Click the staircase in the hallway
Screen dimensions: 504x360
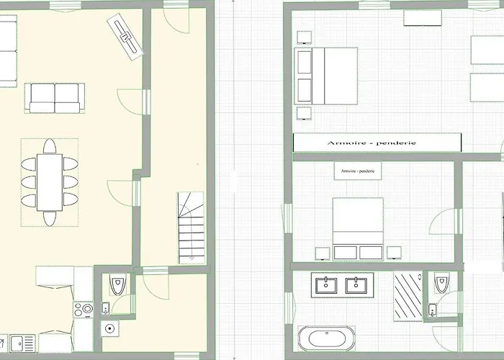point(192,228)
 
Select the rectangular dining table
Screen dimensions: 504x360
point(50,183)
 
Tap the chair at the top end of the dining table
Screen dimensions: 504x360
point(50,146)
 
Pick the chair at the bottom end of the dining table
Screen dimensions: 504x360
point(50,219)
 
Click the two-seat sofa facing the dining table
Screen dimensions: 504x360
point(55,98)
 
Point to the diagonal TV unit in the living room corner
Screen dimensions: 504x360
point(125,37)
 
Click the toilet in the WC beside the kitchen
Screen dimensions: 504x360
point(117,284)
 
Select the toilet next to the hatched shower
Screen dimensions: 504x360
point(441,282)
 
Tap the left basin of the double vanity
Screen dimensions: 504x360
point(326,285)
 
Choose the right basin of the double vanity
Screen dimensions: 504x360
point(356,285)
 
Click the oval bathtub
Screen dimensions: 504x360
point(327,338)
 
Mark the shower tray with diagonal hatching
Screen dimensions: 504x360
point(408,296)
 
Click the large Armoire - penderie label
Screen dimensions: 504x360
point(372,143)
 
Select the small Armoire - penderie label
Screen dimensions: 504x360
point(358,171)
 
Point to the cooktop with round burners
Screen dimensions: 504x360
point(84,310)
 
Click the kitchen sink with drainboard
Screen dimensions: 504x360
point(22,343)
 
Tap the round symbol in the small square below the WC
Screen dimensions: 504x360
point(110,328)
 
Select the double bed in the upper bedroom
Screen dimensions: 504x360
point(326,76)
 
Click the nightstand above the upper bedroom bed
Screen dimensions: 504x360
point(304,37)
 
